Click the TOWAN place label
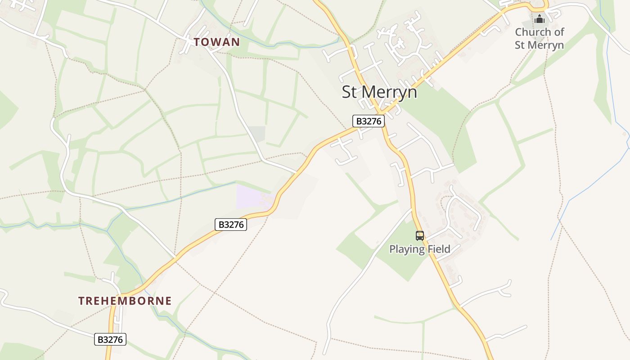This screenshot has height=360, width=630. click(x=216, y=42)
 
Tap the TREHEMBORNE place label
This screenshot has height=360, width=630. click(x=125, y=301)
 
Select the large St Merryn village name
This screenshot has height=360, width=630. click(x=379, y=92)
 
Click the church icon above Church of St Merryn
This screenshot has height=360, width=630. click(x=539, y=19)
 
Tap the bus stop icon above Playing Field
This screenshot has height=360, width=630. click(x=419, y=235)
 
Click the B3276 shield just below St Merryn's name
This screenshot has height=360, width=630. click(x=369, y=121)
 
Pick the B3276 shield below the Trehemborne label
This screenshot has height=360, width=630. click(x=110, y=339)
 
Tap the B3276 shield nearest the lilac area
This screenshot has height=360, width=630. click(x=231, y=224)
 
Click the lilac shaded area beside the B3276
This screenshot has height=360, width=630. click(x=252, y=196)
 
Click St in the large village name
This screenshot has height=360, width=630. click(x=350, y=92)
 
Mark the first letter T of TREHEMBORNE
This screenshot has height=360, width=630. click(x=81, y=301)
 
